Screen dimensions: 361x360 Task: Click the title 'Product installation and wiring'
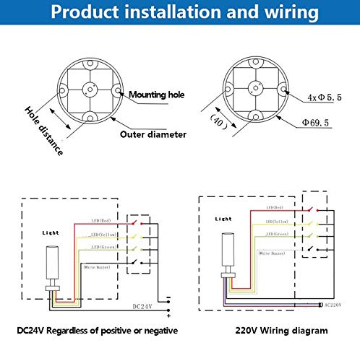[x=180, y=14]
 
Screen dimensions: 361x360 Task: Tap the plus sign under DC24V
[x=168, y=316]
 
